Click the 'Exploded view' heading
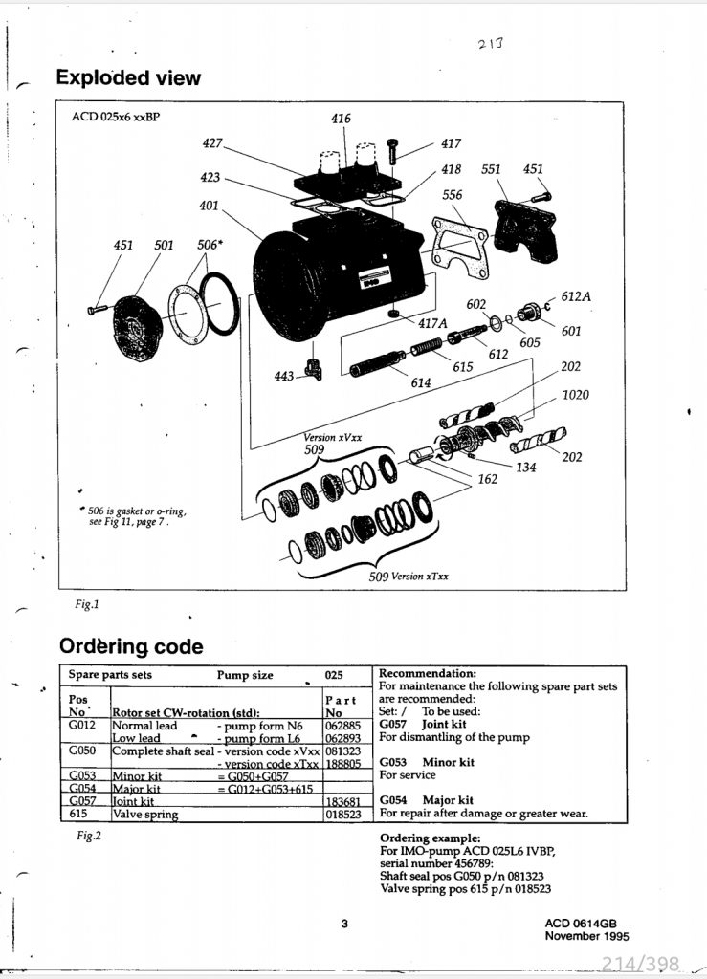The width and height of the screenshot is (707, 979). [128, 77]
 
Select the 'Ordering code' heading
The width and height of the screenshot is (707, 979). [131, 646]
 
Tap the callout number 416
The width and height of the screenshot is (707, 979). [341, 119]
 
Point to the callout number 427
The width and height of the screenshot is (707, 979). [212, 143]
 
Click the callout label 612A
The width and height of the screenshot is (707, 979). [576, 297]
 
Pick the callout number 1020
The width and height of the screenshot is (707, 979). [576, 395]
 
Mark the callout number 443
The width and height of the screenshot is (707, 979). [284, 377]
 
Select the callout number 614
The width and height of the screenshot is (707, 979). [420, 383]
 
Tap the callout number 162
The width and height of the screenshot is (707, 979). [487, 479]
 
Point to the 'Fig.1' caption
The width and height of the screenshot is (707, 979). [87, 604]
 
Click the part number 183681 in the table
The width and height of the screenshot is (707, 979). [342, 801]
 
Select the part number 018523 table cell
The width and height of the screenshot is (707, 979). [342, 815]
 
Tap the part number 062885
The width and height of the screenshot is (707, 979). [342, 726]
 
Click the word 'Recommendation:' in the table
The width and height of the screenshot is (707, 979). [428, 673]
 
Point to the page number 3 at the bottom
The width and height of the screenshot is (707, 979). [343, 924]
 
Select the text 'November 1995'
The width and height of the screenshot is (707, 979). [586, 936]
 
